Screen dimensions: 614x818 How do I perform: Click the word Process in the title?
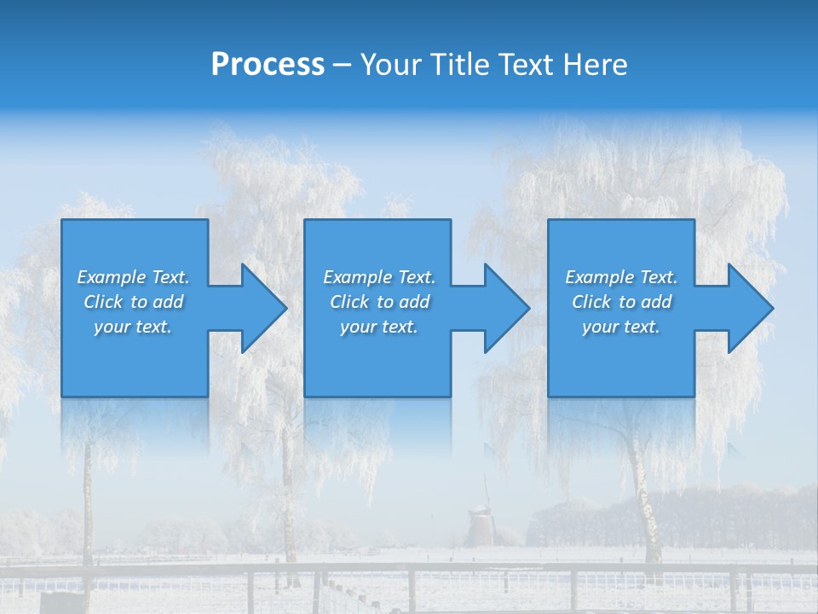pyautogui.click(x=268, y=65)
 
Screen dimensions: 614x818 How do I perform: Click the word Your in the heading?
pyautogui.click(x=389, y=65)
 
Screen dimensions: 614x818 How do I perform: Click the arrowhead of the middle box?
pyautogui.click(x=505, y=308)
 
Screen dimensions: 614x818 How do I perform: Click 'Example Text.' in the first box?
pyautogui.click(x=133, y=277)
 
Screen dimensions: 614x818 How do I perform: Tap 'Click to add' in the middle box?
pyautogui.click(x=379, y=302)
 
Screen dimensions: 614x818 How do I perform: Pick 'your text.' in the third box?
pyautogui.click(x=620, y=327)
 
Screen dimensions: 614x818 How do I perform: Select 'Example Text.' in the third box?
pyautogui.click(x=620, y=277)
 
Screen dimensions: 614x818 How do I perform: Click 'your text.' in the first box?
pyautogui.click(x=133, y=327)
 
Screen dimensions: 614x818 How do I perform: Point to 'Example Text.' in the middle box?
pyautogui.click(x=379, y=277)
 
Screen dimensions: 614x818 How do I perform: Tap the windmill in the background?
pyautogui.click(x=481, y=522)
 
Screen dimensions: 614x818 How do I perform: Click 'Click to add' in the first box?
pyautogui.click(x=133, y=302)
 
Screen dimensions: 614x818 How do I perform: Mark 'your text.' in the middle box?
pyautogui.click(x=379, y=327)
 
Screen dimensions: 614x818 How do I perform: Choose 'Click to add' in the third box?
pyautogui.click(x=620, y=302)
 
